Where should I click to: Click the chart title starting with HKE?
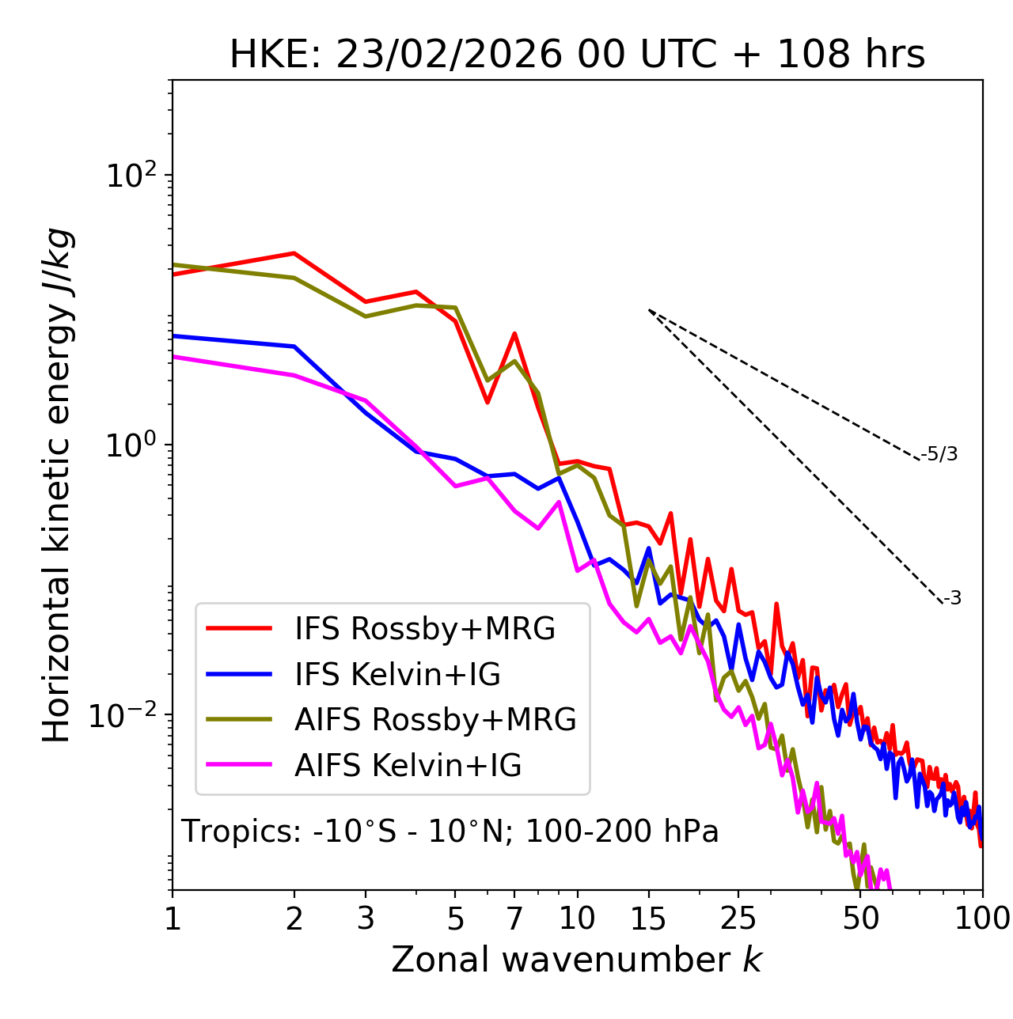pos(577,55)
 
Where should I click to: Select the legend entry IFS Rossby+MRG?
pos(424,628)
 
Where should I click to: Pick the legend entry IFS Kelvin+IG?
pos(397,674)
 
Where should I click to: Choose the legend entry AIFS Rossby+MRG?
pos(435,719)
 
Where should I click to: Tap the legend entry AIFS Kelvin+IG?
pos(408,765)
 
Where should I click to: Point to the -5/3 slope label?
pos(940,454)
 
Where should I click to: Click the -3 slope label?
pos(952,598)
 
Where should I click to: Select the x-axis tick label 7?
pos(514,918)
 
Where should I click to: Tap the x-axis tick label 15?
pos(649,918)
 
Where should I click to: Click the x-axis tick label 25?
pos(738,918)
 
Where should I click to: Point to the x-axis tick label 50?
pos(860,918)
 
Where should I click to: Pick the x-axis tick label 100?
pos(982,918)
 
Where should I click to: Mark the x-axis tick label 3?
pos(365,918)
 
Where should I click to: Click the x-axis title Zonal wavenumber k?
pos(577,960)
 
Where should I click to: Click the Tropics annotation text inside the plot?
pos(450,831)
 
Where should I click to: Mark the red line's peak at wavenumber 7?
pos(514,334)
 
